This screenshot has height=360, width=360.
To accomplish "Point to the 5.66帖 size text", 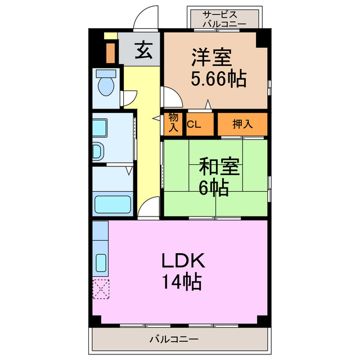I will pyautogui.click(x=219, y=79).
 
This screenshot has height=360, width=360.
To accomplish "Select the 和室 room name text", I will pyautogui.click(x=219, y=167).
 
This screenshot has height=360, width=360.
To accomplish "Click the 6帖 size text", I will pyautogui.click(x=213, y=187).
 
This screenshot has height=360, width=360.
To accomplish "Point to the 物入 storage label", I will pyautogui.click(x=173, y=123).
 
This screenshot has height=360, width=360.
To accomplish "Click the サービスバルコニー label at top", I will pyautogui.click(x=224, y=19).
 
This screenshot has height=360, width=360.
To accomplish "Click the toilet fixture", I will pyautogui.click(x=105, y=84).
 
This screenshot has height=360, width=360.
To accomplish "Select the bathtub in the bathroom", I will pyautogui.click(x=112, y=204).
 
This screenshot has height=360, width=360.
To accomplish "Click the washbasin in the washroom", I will pyautogui.click(x=99, y=151).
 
